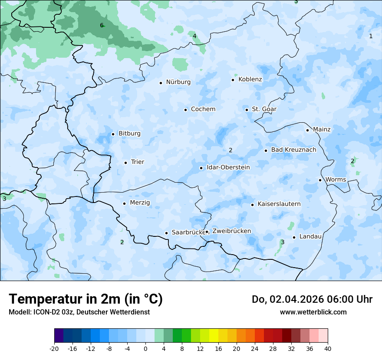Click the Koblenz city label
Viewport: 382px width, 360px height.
click(250, 79)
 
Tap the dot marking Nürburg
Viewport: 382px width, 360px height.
click(161, 82)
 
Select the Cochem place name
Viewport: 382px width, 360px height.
click(203, 109)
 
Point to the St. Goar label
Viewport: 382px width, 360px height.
click(264, 109)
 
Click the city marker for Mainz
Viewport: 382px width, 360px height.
click(307, 130)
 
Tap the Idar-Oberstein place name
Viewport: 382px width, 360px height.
click(228, 167)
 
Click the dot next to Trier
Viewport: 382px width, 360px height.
click(125, 163)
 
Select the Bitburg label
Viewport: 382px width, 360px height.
click(129, 134)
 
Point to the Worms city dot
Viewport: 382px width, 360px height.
click(320, 180)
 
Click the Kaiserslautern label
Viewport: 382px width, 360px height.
click(279, 204)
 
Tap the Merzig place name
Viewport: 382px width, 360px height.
click(140, 203)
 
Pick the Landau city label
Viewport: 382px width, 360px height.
click(310, 237)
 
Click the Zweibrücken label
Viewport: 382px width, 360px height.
click(231, 231)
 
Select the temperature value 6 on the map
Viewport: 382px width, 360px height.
click(102, 25)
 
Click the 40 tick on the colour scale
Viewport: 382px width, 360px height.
click(328, 348)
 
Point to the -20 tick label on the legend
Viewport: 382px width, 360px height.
click(54, 348)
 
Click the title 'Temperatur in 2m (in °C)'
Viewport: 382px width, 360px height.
click(86, 299)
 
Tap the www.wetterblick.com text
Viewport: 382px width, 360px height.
click(313, 312)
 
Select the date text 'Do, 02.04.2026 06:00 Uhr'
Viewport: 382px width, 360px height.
click(312, 299)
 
